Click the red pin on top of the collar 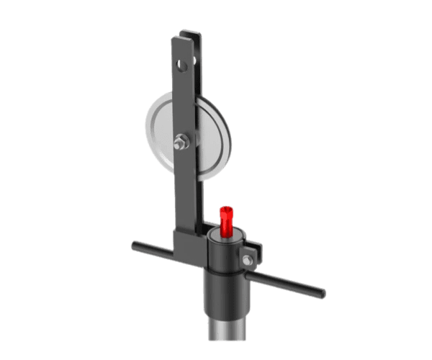tap(226, 220)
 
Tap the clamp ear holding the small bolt tap(252, 253)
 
